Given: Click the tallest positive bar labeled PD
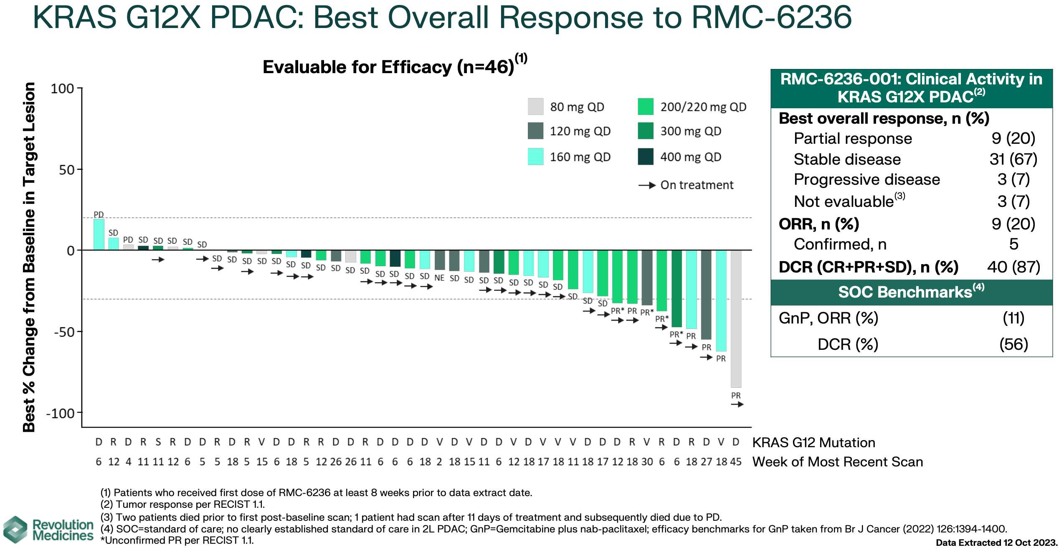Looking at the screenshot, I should point(99,234).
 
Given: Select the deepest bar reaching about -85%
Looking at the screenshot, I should point(736,319).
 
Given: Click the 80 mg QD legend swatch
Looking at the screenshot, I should point(535,107).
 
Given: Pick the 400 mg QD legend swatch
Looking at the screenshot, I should point(646,157).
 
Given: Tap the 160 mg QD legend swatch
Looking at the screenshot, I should point(535,157).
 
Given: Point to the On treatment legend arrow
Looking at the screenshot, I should point(647,185).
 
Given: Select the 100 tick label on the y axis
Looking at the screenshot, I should point(62,89).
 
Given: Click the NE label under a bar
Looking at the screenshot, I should point(439,278).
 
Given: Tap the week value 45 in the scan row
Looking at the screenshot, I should point(736,462).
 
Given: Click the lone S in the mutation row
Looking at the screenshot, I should point(158,442).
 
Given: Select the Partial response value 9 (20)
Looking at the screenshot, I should point(1013,138).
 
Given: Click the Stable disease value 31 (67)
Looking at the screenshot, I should point(1013,159).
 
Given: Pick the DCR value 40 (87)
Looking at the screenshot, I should point(1013,267).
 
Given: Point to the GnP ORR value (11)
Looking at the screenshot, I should point(1013,318).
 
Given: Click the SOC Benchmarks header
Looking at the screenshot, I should point(911,292).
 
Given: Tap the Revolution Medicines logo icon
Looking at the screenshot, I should point(15,530).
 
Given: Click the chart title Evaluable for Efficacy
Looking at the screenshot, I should point(388,67).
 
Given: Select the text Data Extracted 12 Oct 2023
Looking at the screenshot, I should point(996,543).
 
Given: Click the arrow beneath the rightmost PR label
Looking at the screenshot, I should point(737,405).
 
